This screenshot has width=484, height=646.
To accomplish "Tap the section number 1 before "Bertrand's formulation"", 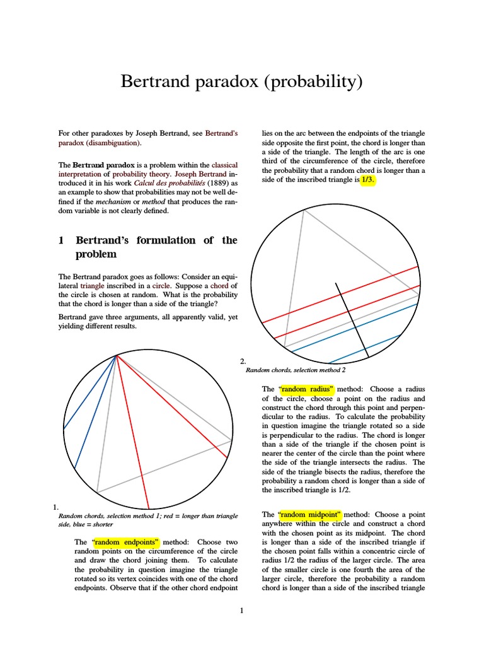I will (x=62, y=240).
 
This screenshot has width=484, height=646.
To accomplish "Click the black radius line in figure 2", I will (x=352, y=319).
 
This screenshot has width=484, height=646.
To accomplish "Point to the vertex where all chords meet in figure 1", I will (x=117, y=356).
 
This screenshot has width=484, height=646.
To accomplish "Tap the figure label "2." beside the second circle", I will (x=243, y=361).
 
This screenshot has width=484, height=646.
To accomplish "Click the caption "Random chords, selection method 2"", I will (x=295, y=370).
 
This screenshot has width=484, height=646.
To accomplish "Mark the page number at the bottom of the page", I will (x=241, y=610).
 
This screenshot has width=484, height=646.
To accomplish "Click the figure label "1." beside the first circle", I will (x=56, y=506).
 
